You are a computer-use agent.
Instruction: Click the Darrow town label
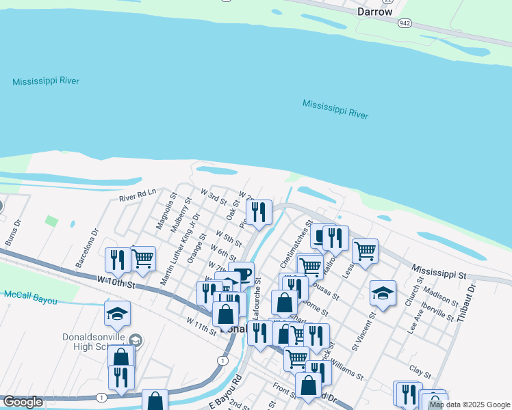375,12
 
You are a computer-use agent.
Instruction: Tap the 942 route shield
405,23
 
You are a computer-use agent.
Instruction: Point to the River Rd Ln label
138,195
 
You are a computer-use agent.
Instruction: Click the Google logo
23,402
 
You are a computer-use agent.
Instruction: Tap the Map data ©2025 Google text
470,405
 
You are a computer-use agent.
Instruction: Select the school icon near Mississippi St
383,293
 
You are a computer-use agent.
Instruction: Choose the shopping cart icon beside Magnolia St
142,258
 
